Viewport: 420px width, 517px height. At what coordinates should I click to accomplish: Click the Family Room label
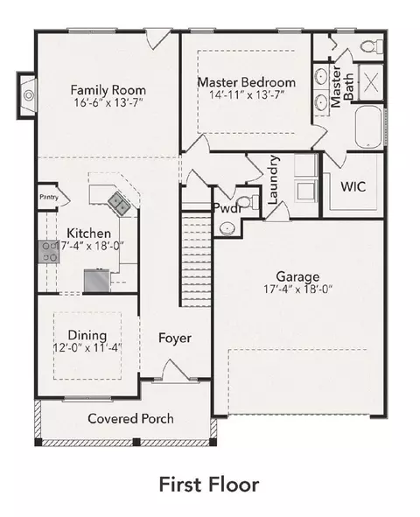click(108, 90)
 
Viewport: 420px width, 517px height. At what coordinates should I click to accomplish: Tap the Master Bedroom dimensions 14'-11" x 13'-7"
click(247, 95)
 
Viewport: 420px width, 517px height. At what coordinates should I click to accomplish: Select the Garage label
click(297, 276)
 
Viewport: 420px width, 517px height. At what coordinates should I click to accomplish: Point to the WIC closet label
click(353, 186)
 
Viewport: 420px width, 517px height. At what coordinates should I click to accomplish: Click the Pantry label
click(49, 197)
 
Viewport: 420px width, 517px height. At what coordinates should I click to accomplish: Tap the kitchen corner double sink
click(119, 204)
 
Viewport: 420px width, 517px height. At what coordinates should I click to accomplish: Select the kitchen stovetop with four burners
click(48, 252)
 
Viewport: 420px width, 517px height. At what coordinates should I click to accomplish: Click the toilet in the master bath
click(372, 46)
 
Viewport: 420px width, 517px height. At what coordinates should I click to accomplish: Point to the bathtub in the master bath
click(368, 126)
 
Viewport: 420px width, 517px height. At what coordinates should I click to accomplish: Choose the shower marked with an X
click(371, 81)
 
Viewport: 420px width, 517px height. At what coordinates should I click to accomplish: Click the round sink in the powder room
click(227, 228)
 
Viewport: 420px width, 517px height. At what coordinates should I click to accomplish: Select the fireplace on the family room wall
click(27, 95)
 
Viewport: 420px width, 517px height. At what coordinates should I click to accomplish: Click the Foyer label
click(175, 339)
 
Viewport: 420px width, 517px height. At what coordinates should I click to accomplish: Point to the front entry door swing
click(175, 371)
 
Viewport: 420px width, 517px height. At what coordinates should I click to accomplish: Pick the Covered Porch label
click(130, 419)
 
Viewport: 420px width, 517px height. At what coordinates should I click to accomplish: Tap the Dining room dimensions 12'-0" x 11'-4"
click(87, 348)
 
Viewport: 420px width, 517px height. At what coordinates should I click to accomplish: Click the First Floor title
click(209, 485)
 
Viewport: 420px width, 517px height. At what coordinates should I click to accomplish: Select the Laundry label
click(273, 180)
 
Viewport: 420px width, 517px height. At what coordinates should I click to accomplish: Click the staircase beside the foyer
click(196, 260)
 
